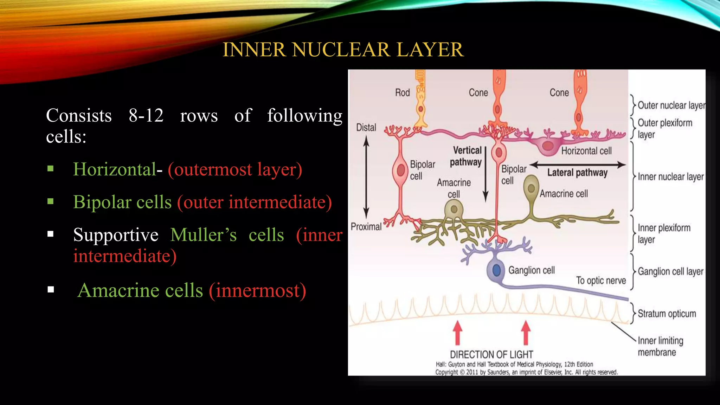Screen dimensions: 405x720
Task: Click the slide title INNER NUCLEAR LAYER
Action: [343, 50]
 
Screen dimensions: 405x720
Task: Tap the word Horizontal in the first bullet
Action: [114, 169]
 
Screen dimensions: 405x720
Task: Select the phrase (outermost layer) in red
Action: [235, 169]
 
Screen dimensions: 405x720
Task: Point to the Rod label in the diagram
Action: [402, 93]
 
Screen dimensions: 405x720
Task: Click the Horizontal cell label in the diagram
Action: [586, 151]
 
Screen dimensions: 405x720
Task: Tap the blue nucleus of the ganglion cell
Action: [496, 270]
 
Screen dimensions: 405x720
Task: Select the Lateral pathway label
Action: [577, 173]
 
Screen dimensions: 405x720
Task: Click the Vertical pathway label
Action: [466, 156]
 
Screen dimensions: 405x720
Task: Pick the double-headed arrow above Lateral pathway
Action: [578, 165]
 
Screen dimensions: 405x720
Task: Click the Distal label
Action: [366, 128]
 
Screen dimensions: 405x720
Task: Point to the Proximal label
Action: [366, 227]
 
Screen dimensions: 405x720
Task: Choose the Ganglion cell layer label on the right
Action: [670, 272]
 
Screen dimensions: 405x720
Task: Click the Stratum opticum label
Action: [667, 314]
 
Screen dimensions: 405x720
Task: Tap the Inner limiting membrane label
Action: [660, 346]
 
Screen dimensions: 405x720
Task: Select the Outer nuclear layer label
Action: [671, 105]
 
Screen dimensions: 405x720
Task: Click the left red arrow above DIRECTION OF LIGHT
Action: [457, 332]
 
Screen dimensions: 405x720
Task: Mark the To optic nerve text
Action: [601, 281]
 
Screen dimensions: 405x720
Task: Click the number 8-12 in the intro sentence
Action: [146, 115]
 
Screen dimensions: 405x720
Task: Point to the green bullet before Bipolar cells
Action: [51, 202]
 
